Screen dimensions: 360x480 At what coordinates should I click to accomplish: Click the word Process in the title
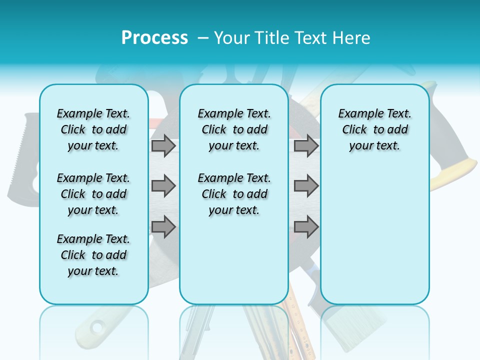[154, 37]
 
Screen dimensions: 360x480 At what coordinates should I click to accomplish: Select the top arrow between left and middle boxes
[163, 145]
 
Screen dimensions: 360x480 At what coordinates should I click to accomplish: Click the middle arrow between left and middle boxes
[163, 186]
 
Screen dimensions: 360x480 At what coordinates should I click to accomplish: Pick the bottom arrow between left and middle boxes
[163, 226]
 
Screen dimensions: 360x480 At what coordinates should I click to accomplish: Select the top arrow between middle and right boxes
[306, 145]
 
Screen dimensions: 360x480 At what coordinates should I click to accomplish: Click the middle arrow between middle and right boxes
[306, 186]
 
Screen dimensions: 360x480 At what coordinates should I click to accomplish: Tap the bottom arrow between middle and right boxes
[306, 226]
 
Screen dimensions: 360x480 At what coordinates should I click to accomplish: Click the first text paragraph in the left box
[93, 129]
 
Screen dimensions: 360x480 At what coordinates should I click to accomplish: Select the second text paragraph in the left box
[93, 194]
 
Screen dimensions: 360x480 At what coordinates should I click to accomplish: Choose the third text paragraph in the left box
[93, 255]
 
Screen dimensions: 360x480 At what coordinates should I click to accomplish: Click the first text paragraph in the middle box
[234, 129]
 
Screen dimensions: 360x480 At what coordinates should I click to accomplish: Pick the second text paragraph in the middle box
[234, 194]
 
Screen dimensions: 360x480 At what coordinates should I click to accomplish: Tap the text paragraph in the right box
[374, 129]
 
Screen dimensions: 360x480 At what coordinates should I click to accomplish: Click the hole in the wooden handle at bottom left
[96, 328]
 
